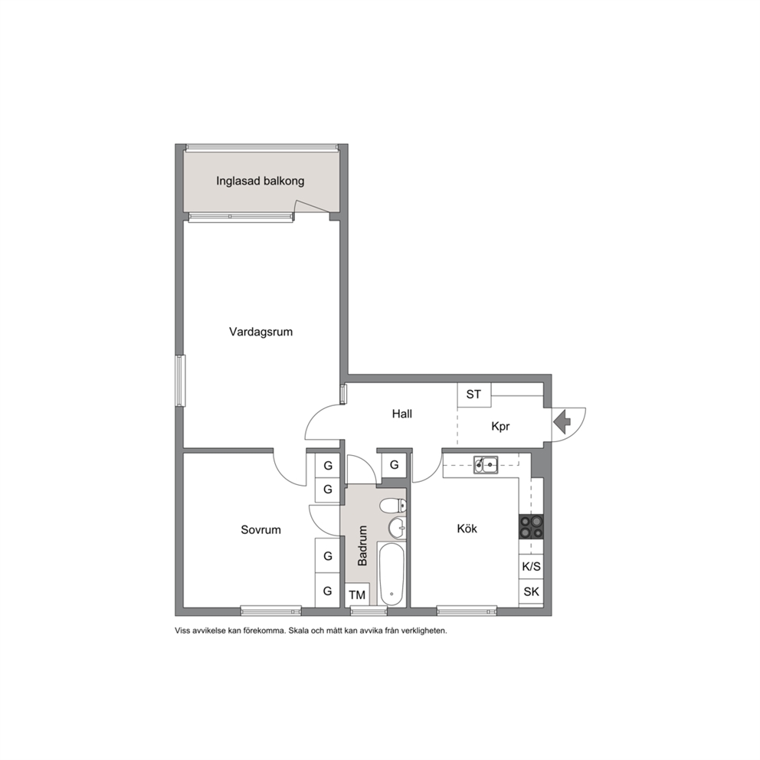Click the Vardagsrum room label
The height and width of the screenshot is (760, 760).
[x=260, y=332]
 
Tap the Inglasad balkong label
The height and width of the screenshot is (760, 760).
[x=260, y=182]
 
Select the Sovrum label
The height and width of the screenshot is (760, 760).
[x=260, y=529]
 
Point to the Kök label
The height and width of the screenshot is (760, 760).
[x=467, y=529]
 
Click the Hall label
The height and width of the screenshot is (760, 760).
[x=401, y=414]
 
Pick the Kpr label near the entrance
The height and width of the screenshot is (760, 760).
[x=500, y=427]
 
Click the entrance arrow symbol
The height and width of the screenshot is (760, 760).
[x=562, y=421]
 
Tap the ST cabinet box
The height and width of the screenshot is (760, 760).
[x=474, y=395]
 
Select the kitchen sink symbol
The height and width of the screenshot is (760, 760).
[x=486, y=465]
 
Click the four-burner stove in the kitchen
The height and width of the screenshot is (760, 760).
[x=531, y=527]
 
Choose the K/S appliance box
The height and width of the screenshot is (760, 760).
[x=531, y=567]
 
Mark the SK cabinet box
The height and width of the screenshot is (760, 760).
[x=531, y=591]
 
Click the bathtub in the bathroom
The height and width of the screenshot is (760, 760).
[x=391, y=575]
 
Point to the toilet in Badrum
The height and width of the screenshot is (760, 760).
[x=393, y=506]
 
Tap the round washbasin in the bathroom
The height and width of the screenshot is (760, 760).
[x=398, y=528]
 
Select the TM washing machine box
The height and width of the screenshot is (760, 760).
[x=357, y=595]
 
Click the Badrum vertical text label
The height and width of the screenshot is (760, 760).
[x=362, y=545]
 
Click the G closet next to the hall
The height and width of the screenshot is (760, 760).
[x=394, y=465]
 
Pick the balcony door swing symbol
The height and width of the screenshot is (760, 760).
[x=311, y=207]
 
